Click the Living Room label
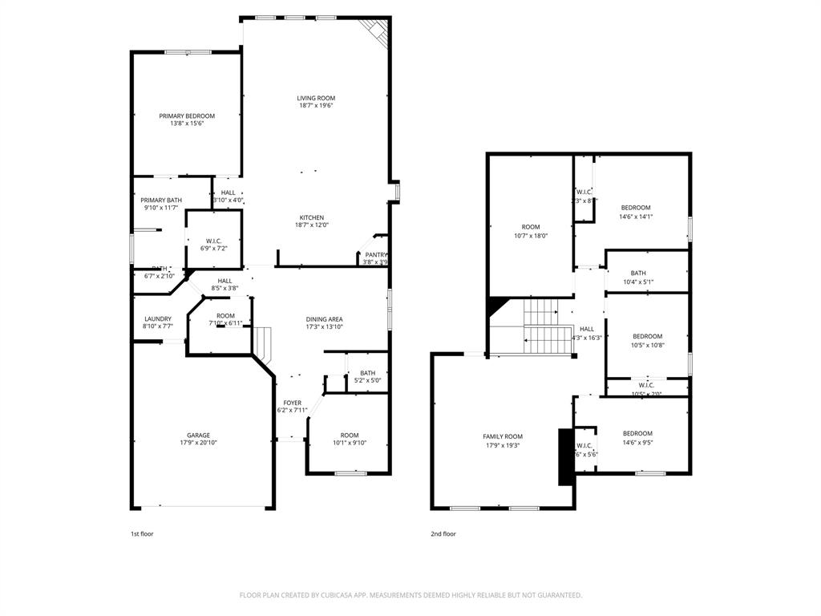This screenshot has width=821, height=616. (316, 98)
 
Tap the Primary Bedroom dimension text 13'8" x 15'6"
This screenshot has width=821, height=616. (187, 124)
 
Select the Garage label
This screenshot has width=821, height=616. (199, 436)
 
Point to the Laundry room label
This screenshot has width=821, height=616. (157, 318)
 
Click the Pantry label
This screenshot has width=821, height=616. (375, 254)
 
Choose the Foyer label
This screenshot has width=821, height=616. (292, 403)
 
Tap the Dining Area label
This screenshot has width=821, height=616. (325, 319)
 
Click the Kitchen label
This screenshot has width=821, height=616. (312, 217)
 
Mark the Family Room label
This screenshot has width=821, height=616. (503, 436)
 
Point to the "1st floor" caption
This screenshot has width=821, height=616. (142, 533)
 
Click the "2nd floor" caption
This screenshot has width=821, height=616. (443, 533)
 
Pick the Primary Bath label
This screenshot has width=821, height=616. (161, 200)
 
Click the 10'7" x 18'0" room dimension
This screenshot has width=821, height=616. (531, 236)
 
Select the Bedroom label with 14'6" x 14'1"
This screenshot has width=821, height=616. (636, 208)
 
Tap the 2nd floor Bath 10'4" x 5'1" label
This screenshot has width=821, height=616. (638, 273)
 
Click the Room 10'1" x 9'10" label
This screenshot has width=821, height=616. (349, 434)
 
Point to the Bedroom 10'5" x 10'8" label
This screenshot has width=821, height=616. (647, 336)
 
